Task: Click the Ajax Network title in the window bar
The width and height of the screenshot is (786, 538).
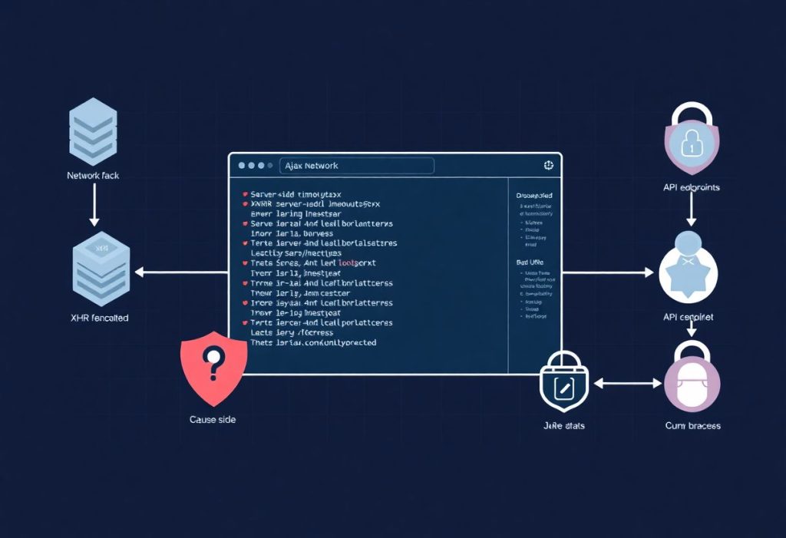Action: click(x=311, y=166)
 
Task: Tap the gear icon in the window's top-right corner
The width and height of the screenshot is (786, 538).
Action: click(x=548, y=165)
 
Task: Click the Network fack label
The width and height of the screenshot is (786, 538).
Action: click(x=93, y=176)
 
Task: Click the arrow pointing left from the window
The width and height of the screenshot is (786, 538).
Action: click(x=180, y=271)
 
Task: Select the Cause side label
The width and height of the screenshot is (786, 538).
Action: click(x=213, y=420)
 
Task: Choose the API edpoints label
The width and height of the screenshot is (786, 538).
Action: click(x=691, y=186)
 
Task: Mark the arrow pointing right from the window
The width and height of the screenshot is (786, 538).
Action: click(x=610, y=272)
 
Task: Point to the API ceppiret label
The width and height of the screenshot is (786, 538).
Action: click(x=688, y=317)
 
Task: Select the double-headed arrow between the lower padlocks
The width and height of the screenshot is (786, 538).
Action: click(x=627, y=381)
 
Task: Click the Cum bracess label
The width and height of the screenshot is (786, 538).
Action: click(x=692, y=425)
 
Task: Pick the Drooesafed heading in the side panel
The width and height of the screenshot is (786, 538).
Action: click(x=533, y=196)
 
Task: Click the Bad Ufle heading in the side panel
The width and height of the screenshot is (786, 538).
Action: click(x=530, y=262)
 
